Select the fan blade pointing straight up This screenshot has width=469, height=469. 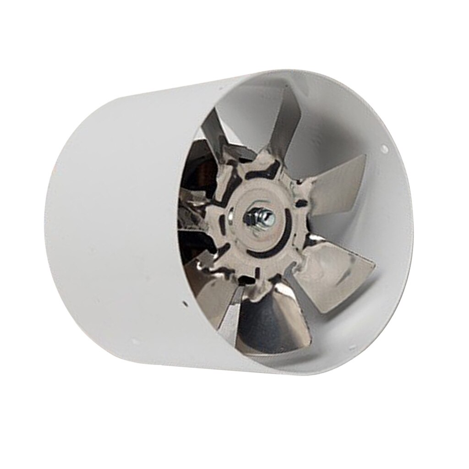275,124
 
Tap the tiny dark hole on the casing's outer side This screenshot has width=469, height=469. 184,303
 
